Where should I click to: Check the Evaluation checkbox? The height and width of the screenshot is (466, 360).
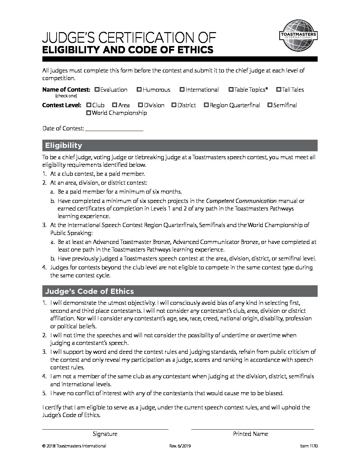(x=97, y=90)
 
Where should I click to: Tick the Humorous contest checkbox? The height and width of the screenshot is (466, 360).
(x=139, y=90)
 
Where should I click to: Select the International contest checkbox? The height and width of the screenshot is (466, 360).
(x=182, y=90)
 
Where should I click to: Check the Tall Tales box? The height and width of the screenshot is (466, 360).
(x=279, y=90)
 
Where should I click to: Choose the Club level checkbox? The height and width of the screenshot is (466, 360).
(x=89, y=105)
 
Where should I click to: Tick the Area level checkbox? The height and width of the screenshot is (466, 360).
(x=114, y=105)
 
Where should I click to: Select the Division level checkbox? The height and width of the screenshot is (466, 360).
(x=141, y=105)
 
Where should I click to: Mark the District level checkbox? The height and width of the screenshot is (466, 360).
(x=174, y=105)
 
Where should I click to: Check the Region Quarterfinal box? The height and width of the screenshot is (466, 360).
(x=206, y=105)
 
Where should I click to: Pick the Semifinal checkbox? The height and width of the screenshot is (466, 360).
(x=270, y=105)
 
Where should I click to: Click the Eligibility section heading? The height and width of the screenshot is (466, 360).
(x=64, y=146)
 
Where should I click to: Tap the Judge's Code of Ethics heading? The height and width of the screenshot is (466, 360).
(x=89, y=291)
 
